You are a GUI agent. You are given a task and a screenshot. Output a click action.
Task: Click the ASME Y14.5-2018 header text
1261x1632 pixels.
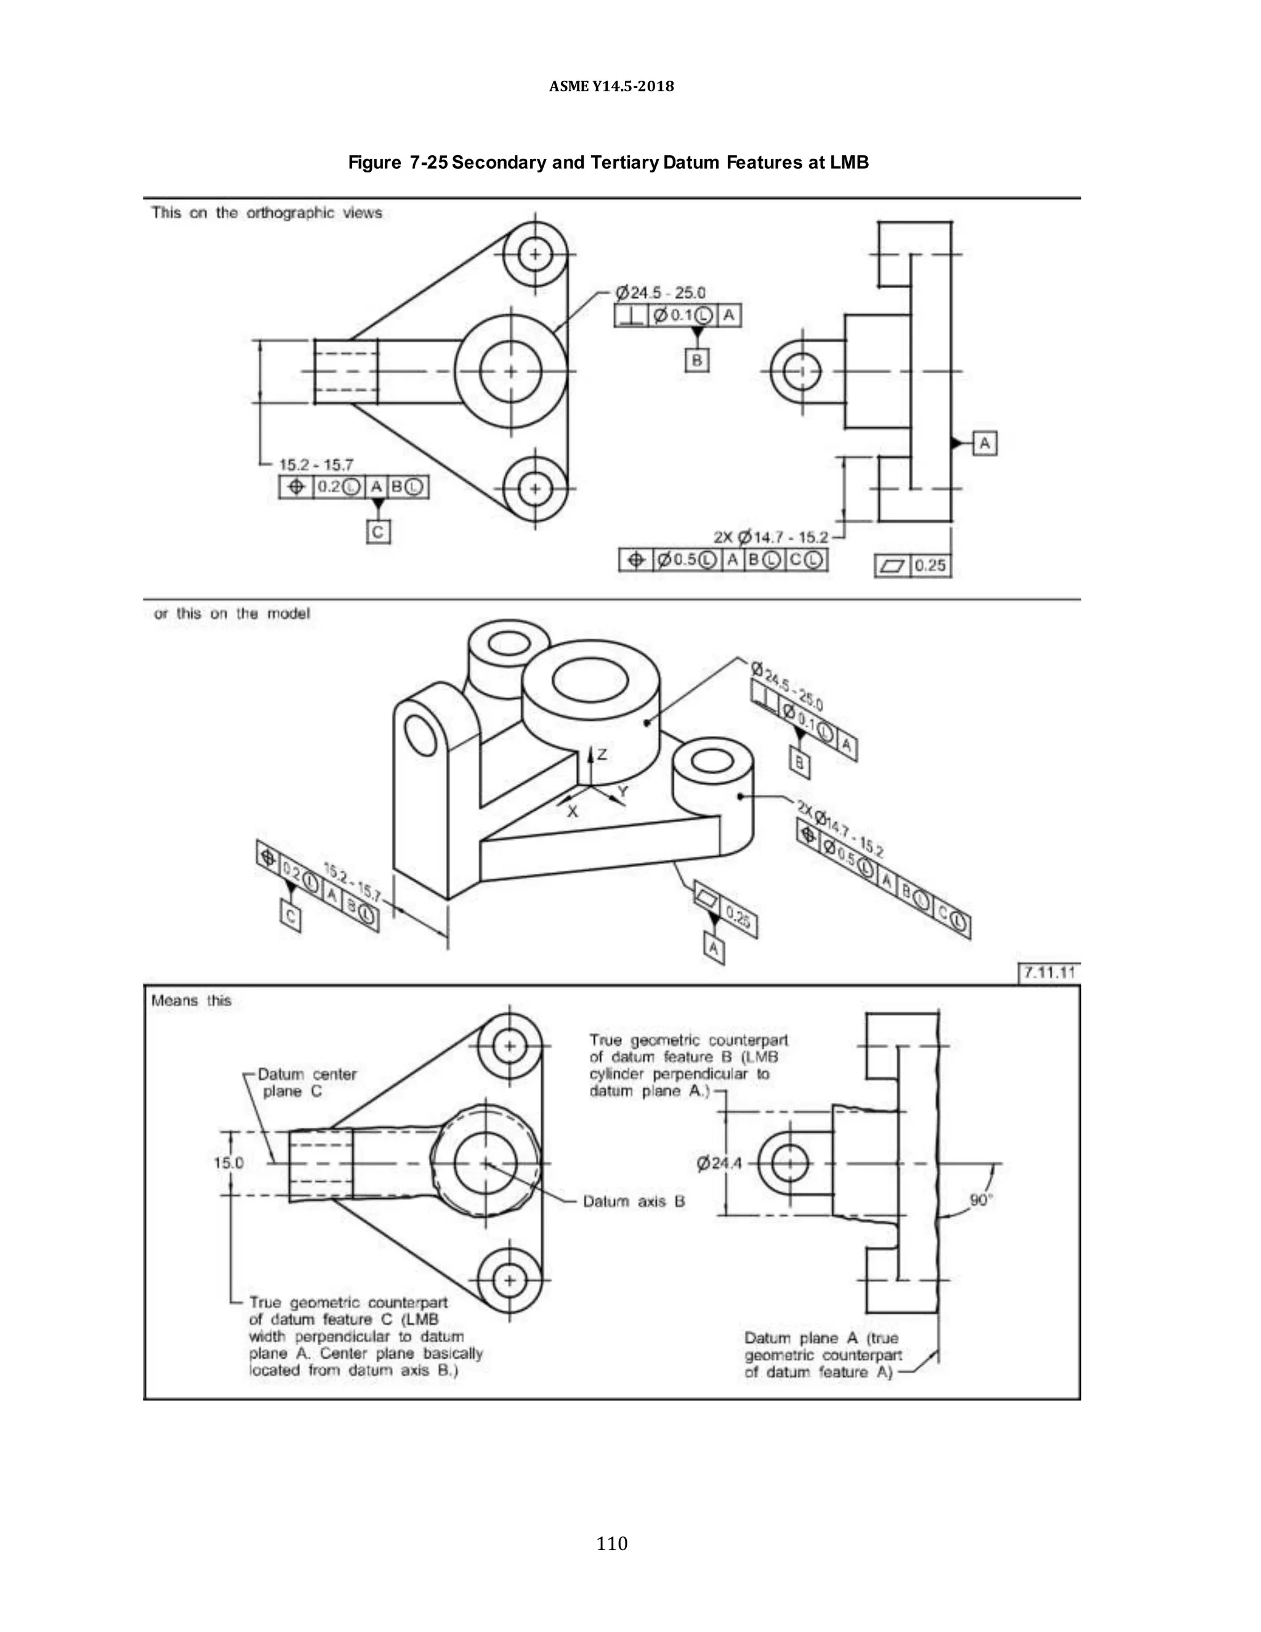611,87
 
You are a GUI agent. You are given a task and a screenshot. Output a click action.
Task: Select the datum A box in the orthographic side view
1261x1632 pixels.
985,443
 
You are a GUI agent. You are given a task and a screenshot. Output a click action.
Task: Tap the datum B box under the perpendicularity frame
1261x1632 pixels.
696,360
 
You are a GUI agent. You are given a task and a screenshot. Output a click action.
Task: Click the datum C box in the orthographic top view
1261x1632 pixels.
378,532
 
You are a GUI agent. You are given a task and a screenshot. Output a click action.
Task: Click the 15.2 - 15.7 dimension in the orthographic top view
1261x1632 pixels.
316,465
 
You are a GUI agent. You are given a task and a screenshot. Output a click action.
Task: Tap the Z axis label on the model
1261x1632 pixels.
602,755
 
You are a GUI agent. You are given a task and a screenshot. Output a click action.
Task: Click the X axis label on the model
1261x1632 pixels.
572,812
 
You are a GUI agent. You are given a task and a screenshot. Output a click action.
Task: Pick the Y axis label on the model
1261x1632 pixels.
623,791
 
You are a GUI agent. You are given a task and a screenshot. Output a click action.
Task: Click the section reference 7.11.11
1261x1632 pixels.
1049,972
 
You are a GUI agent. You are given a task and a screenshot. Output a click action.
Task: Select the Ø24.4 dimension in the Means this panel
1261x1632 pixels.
719,1163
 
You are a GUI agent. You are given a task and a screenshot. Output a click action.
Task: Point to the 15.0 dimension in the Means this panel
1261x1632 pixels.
228,1163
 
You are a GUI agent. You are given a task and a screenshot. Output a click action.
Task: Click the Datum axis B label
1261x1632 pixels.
634,1202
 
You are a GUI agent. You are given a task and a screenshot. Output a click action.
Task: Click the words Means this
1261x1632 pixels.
191,1001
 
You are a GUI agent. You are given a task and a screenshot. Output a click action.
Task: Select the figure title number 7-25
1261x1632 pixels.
428,163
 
